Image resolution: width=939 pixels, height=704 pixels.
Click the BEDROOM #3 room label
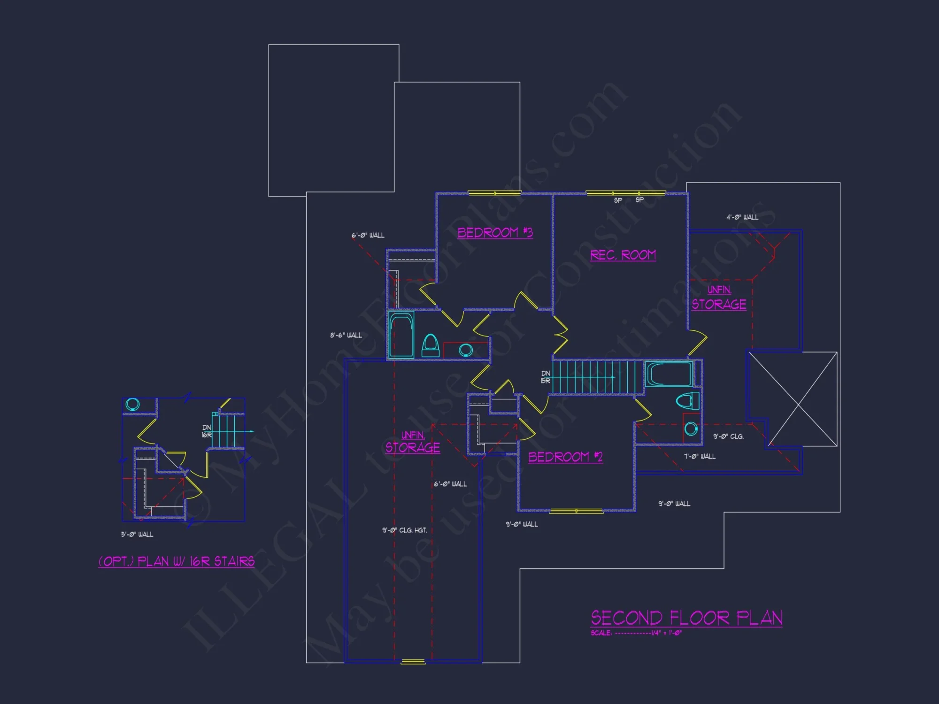[495, 233]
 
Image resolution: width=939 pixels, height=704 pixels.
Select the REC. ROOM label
[623, 255]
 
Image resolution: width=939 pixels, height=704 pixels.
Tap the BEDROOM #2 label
[565, 457]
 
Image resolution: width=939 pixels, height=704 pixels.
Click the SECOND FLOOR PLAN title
[686, 618]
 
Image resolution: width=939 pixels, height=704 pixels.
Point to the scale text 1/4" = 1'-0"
[666, 633]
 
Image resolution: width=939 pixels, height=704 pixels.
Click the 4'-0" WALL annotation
[742, 217]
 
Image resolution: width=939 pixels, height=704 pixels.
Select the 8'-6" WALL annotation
[346, 336]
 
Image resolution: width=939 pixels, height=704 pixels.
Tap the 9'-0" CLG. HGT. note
[404, 530]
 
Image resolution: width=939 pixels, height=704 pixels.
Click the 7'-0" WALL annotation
[700, 456]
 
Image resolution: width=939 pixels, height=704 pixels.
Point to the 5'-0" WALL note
[137, 535]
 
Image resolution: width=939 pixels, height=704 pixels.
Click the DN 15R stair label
[545, 377]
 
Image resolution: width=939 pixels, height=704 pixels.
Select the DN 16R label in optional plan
[207, 431]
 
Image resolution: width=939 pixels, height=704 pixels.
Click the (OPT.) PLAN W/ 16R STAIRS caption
[177, 561]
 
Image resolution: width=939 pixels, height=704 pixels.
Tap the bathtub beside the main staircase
[669, 374]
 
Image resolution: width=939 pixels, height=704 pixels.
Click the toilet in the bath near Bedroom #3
[430, 346]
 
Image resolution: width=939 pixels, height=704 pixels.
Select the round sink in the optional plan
[132, 404]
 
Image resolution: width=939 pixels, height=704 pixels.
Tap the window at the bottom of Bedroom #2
[576, 511]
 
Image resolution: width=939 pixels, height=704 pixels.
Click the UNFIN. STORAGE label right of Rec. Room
[719, 298]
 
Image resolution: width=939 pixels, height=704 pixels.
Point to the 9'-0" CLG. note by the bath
[728, 436]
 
